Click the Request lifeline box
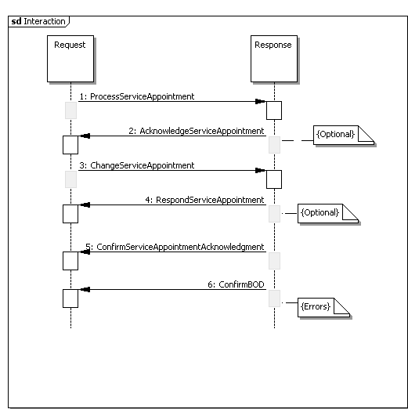click(x=70, y=59)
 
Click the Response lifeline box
click(x=274, y=59)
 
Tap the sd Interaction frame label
click(x=38, y=21)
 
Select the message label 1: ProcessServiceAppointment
click(x=137, y=96)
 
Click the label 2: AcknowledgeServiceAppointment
click(x=197, y=131)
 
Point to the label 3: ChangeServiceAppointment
click(x=137, y=165)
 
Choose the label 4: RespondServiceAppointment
click(x=204, y=200)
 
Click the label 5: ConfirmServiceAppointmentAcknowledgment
click(x=175, y=247)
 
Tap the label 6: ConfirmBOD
click(x=236, y=284)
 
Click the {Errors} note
click(x=323, y=307)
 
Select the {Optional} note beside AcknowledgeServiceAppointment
click(x=344, y=135)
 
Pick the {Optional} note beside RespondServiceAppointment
click(x=328, y=213)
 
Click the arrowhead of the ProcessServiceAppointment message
click(x=260, y=101)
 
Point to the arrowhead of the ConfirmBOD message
click(x=85, y=289)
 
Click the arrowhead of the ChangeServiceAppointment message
click(x=260, y=170)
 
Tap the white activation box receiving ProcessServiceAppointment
click(x=274, y=110)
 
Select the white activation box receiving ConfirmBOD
click(x=70, y=299)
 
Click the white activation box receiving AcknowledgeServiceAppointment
click(x=70, y=145)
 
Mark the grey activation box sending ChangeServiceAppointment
click(x=70, y=179)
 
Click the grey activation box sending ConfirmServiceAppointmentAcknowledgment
click(x=274, y=261)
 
